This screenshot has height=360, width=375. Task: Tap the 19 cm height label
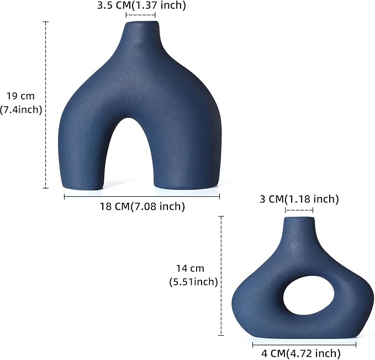tap(20, 96)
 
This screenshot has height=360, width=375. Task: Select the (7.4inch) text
tap(22, 109)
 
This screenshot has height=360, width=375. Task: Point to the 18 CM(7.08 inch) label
tap(142, 207)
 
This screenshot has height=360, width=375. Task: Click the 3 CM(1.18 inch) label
tap(299, 199)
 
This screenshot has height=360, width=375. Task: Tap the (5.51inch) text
tap(193, 281)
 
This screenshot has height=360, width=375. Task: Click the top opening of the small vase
tap(299, 219)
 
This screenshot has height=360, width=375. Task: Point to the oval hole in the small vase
tap(301, 293)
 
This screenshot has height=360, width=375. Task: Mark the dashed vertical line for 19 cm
tap(46, 105)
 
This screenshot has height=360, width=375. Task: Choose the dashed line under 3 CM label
tap(299, 210)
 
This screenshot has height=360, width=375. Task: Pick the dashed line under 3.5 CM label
tap(141, 16)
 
